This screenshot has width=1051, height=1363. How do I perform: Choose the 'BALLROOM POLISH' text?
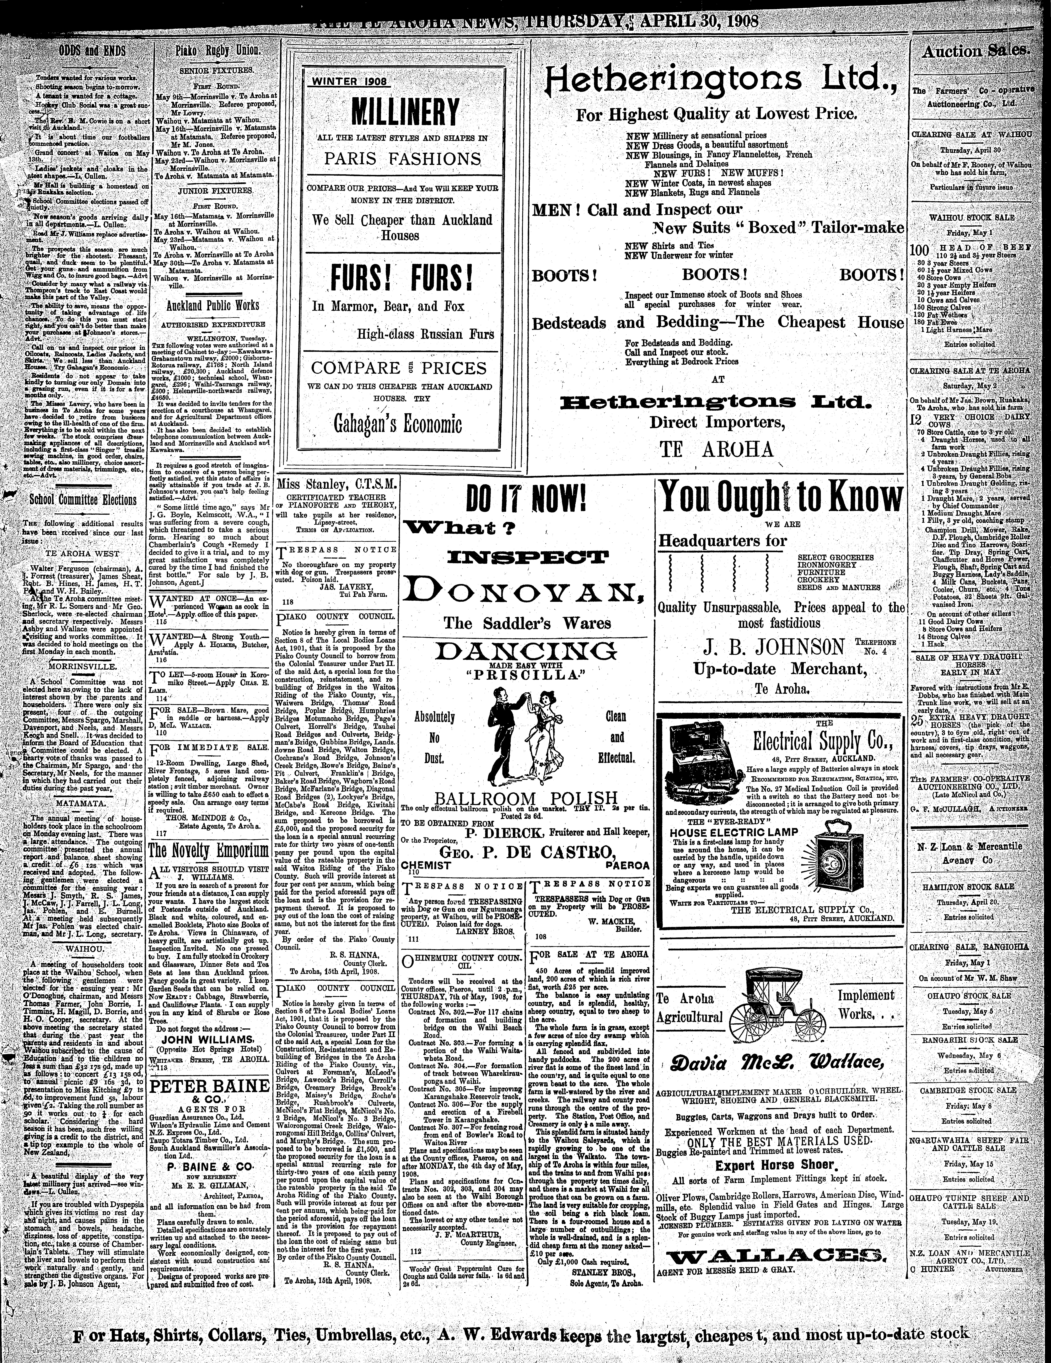pos(525,798)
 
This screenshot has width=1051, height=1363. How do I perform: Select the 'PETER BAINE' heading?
pos(210,1085)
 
